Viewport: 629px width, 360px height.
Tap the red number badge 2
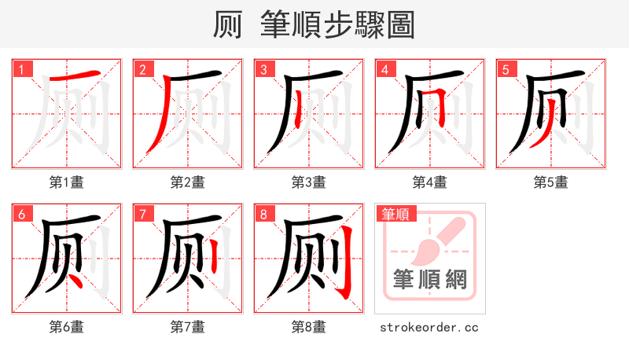point(142,70)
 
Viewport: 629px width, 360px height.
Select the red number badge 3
point(263,70)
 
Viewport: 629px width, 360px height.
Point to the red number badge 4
point(384,70)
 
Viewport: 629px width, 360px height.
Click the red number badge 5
point(506,70)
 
